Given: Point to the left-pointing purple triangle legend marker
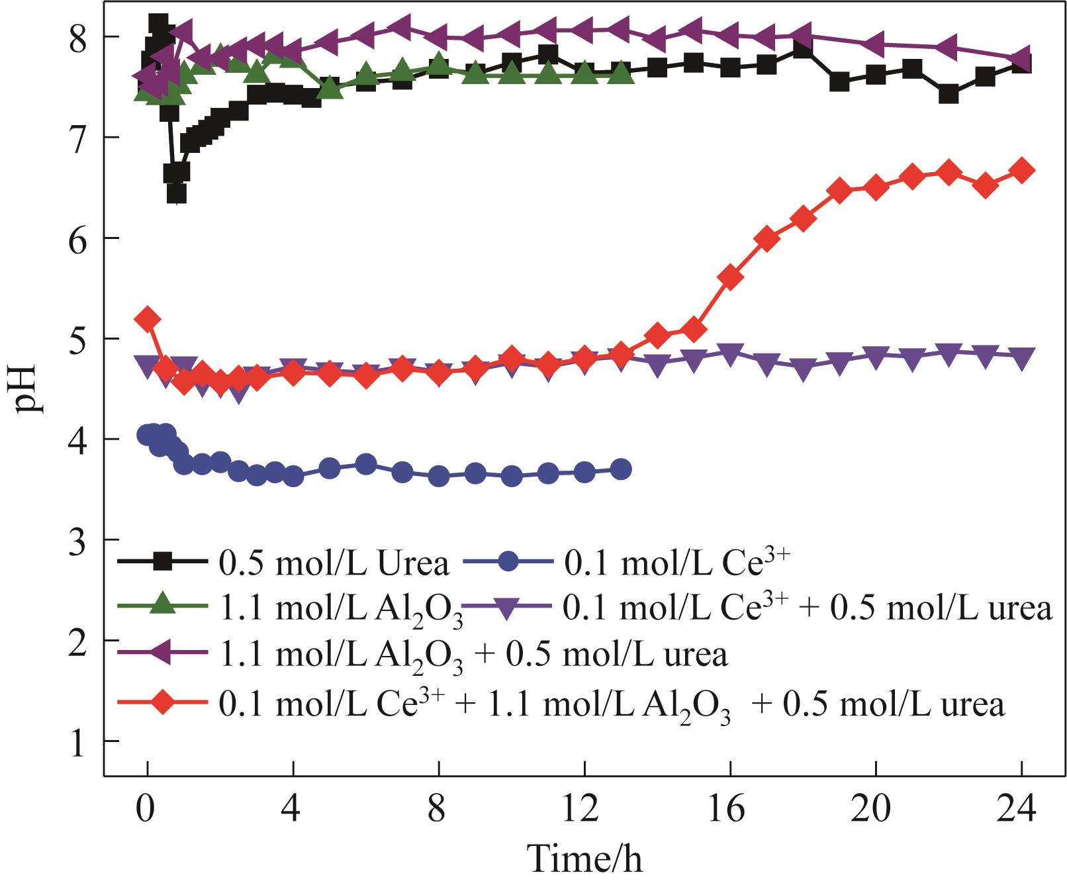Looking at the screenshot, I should point(163,653).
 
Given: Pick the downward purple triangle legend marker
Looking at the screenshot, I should point(508,606).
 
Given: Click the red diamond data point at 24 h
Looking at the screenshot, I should point(1021,170).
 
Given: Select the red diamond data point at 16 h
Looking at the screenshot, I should point(730,278).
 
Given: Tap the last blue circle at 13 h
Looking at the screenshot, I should point(621,469).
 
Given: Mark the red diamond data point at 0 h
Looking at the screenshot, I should point(147,319).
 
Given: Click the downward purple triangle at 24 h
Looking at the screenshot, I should point(1021,357).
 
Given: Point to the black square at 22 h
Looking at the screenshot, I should point(949,94).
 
